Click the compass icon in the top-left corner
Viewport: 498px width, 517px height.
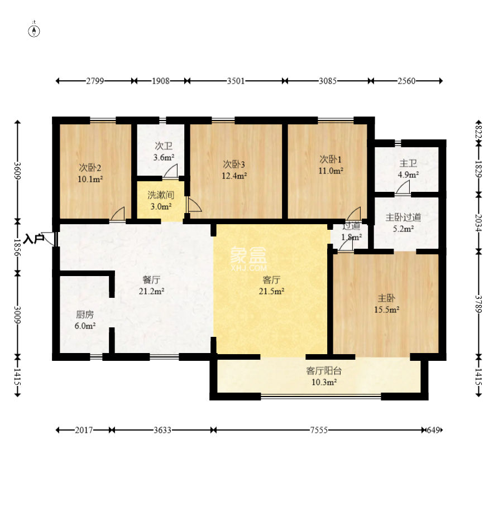pyautogui.click(x=34, y=31)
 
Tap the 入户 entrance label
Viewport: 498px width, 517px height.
pyautogui.click(x=33, y=239)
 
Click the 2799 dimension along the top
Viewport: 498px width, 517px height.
pyautogui.click(x=95, y=81)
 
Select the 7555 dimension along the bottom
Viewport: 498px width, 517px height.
pyautogui.click(x=319, y=430)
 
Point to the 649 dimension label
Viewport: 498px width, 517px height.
pyautogui.click(x=433, y=430)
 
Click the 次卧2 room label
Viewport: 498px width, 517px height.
pyautogui.click(x=90, y=167)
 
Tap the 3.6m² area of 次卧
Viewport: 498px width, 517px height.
pyautogui.click(x=164, y=157)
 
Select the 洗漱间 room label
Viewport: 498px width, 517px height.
pyautogui.click(x=161, y=195)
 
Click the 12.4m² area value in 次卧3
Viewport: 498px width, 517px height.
pyautogui.click(x=234, y=176)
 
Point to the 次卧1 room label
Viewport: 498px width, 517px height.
pyautogui.click(x=331, y=160)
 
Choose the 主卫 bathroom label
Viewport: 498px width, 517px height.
pyautogui.click(x=408, y=163)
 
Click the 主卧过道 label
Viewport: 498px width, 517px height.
pyautogui.click(x=403, y=218)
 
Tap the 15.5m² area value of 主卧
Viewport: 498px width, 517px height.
pyautogui.click(x=387, y=310)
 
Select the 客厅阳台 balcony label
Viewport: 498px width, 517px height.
pyautogui.click(x=324, y=371)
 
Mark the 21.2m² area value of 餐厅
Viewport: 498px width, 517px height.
pyautogui.click(x=151, y=291)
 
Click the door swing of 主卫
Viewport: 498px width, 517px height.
pyautogui.click(x=403, y=187)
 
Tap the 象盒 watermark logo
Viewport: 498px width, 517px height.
pyautogui.click(x=248, y=255)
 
